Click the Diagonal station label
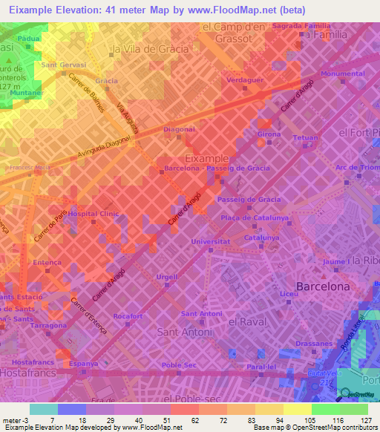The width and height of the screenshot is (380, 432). [179, 129]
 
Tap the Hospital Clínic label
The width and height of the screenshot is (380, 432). [94, 214]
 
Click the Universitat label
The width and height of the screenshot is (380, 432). [210, 242]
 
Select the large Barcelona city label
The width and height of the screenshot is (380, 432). [323, 286]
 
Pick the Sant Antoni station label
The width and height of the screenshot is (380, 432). [201, 314]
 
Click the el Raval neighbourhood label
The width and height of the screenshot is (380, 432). [247, 322]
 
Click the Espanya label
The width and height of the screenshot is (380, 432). [84, 364]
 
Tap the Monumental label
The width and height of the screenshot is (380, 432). [343, 74]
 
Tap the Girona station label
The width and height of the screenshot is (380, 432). [269, 134]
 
